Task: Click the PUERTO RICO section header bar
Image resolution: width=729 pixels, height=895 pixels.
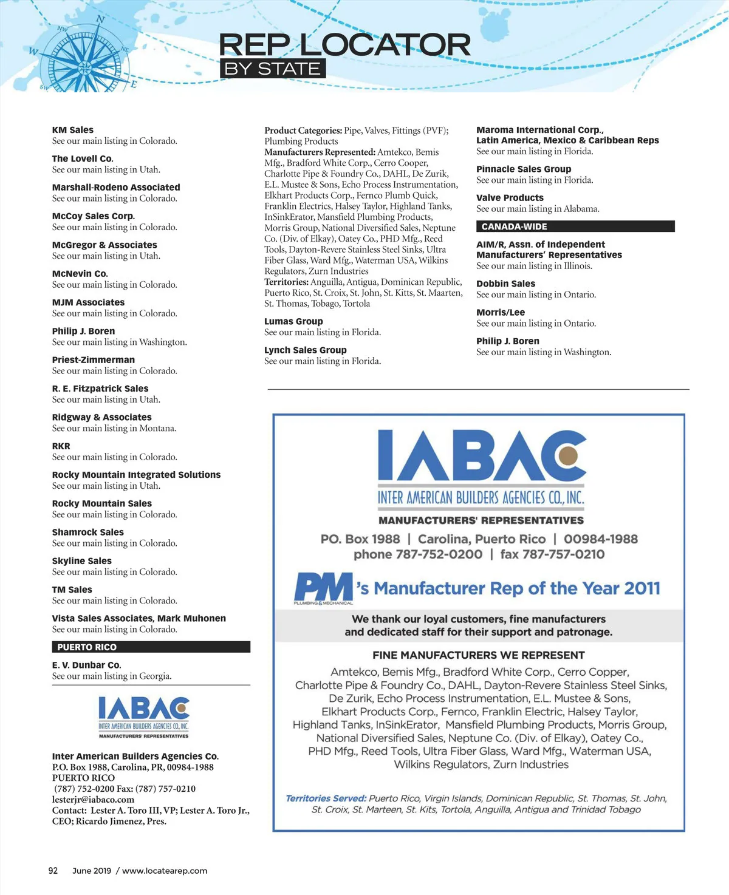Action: pyautogui.click(x=151, y=647)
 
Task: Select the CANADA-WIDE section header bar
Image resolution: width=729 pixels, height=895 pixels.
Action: pyautogui.click(x=575, y=226)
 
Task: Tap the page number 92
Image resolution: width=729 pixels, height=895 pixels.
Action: pyautogui.click(x=53, y=871)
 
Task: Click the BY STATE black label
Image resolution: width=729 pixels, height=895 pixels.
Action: pyautogui.click(x=272, y=69)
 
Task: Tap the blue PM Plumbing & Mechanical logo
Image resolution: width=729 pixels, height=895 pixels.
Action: pyautogui.click(x=323, y=588)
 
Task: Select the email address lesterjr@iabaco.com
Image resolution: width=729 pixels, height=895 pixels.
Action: pyautogui.click(x=93, y=800)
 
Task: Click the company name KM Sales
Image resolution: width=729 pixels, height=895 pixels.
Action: pyautogui.click(x=73, y=130)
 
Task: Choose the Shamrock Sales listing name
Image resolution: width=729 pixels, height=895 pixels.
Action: pyautogui.click(x=88, y=533)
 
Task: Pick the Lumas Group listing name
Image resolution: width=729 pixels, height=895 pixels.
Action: pyautogui.click(x=293, y=322)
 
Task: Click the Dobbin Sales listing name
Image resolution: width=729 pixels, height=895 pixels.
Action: pyautogui.click(x=505, y=284)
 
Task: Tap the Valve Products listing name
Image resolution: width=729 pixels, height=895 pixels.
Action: pyautogui.click(x=510, y=198)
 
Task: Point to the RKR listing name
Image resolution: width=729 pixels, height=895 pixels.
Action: pyautogui.click(x=61, y=446)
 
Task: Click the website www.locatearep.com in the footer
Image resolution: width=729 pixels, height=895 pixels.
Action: pyautogui.click(x=165, y=871)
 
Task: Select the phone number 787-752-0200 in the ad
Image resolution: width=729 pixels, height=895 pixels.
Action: pyautogui.click(x=439, y=554)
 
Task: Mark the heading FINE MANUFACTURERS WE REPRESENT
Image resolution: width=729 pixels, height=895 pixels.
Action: pyautogui.click(x=479, y=655)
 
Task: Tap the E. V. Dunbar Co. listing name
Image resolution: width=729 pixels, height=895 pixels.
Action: pyautogui.click(x=86, y=665)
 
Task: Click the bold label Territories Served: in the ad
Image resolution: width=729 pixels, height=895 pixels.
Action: pyautogui.click(x=326, y=798)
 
